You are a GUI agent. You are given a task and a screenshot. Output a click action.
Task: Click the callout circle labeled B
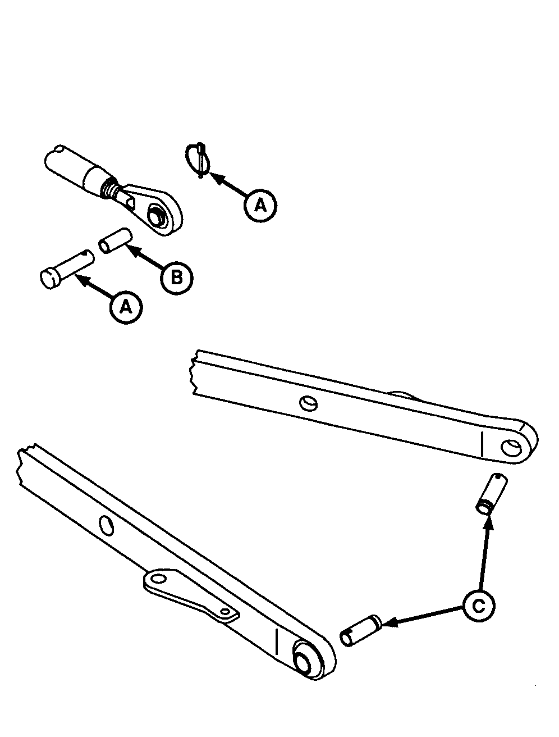pyautogui.click(x=177, y=278)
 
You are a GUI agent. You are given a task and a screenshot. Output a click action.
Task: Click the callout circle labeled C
pyautogui.click(x=479, y=606)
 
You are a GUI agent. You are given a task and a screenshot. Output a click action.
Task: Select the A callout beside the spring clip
pyautogui.click(x=260, y=205)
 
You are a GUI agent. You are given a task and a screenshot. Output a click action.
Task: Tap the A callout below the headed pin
pyautogui.click(x=126, y=307)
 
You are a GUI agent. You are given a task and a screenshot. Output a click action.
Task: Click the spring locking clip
pyautogui.click(x=199, y=160)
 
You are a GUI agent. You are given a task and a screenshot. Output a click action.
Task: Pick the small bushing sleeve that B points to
pyautogui.click(x=116, y=241)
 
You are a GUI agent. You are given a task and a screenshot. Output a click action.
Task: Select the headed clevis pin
pyautogui.click(x=67, y=269)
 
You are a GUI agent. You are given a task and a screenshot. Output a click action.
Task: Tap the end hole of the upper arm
pyautogui.click(x=511, y=448)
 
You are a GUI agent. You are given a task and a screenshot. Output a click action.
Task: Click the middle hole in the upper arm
pyautogui.click(x=309, y=403)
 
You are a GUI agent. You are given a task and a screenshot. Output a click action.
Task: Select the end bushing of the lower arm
pyautogui.click(x=305, y=653)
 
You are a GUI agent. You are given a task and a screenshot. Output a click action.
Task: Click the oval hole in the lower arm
pyautogui.click(x=106, y=525)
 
